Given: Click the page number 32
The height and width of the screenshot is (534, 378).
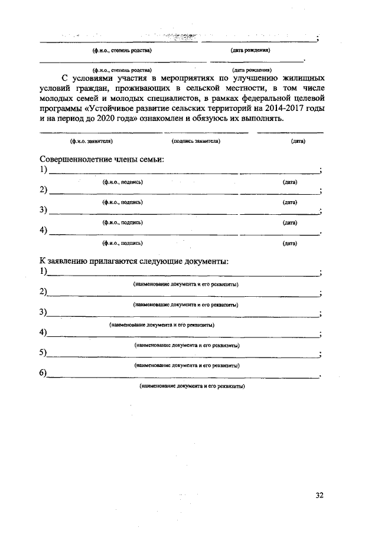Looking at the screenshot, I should pyautogui.click(x=319, y=495).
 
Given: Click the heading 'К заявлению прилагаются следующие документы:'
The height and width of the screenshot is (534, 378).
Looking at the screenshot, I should pyautogui.click(x=133, y=261).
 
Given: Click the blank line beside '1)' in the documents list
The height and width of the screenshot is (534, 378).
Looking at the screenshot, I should pyautogui.click(x=183, y=274).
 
